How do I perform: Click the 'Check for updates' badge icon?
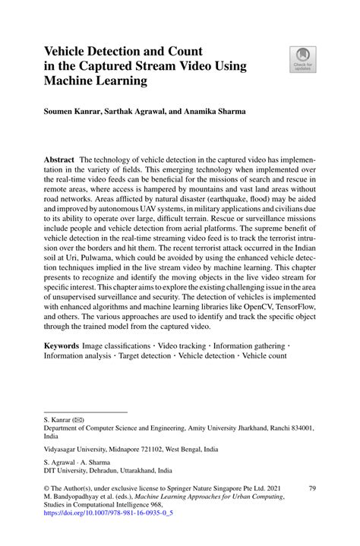[302, 58]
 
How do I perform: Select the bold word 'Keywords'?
[63, 345]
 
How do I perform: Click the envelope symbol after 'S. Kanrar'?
[79, 419]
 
